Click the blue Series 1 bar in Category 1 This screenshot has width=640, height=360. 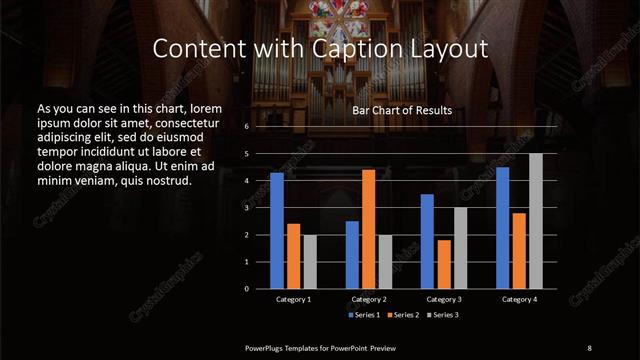[277, 230]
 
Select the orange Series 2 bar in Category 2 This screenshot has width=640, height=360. [369, 228]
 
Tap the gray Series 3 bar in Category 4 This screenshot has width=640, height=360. [536, 220]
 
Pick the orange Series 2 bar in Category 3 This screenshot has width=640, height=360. [444, 263]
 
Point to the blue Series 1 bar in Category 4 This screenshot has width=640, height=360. [503, 227]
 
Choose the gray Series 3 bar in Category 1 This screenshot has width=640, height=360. [310, 261]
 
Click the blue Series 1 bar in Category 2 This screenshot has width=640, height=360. [352, 254]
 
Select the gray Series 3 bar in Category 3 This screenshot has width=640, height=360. [461, 247]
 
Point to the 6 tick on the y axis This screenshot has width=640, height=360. [246, 127]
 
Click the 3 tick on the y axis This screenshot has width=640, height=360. [246, 208]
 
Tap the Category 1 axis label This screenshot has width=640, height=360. [293, 299]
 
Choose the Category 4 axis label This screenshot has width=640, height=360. [519, 299]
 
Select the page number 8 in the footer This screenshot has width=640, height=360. [589, 347]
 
